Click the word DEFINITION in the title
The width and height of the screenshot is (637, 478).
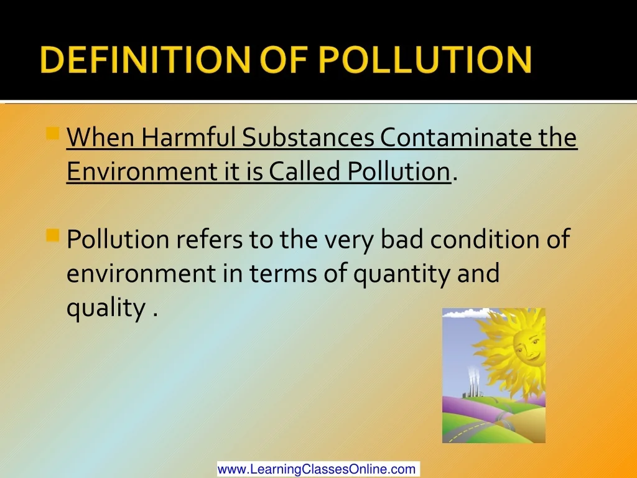pyautogui.click(x=146, y=59)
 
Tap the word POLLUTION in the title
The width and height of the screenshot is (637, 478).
pyautogui.click(x=425, y=59)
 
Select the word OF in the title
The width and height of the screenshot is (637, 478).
pyautogui.click(x=284, y=59)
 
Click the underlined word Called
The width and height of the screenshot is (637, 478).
pyautogui.click(x=304, y=171)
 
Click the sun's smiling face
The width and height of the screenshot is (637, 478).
pyautogui.click(x=528, y=347)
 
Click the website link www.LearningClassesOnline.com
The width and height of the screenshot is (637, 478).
pyautogui.click(x=318, y=469)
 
